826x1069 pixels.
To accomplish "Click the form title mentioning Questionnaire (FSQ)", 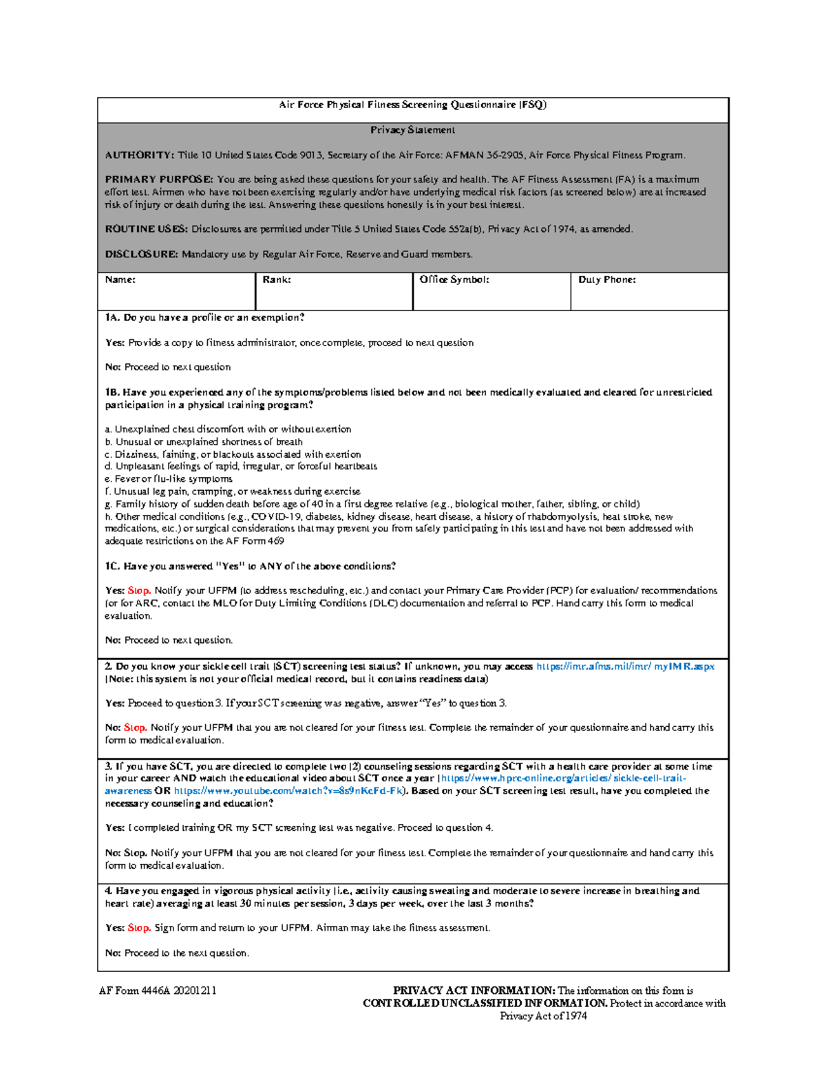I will point(412,105).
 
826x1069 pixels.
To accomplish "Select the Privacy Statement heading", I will point(412,130).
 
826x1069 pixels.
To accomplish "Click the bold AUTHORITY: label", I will point(139,156).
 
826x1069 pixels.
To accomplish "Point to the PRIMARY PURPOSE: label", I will point(159,180).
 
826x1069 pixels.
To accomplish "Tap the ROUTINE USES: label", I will point(146,229).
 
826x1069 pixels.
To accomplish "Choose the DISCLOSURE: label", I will point(141,255).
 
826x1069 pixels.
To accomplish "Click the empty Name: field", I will point(176,296).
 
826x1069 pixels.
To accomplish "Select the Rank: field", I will point(334,296).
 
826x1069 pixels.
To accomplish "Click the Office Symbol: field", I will point(491,296).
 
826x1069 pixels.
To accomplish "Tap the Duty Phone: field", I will point(649,296).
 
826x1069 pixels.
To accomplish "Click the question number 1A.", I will point(112,318).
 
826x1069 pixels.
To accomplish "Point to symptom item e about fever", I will point(169,479).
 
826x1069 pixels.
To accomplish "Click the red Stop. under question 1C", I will point(139,591).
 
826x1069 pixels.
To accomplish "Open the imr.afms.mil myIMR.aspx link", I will point(625,666).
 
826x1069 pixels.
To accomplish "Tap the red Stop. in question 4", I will point(139,928).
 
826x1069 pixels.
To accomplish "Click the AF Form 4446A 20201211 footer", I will point(158,991).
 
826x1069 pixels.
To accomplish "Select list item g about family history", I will point(372,505).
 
